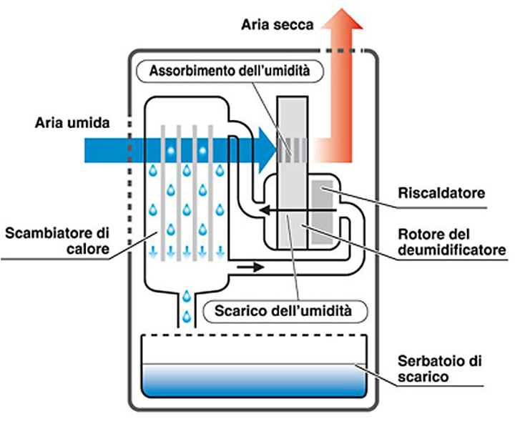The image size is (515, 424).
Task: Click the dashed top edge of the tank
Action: click(255, 336)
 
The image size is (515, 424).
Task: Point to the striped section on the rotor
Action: click(296, 148)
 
